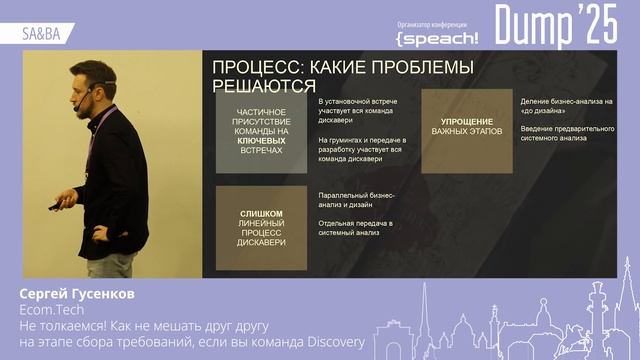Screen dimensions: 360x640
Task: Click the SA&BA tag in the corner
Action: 41,33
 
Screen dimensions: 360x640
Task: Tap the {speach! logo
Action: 437,37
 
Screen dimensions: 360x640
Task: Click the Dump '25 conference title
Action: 557,25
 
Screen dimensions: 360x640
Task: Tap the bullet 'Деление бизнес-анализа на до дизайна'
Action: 566,106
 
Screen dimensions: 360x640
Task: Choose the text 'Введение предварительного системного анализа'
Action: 566,134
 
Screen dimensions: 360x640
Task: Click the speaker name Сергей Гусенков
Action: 77,295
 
